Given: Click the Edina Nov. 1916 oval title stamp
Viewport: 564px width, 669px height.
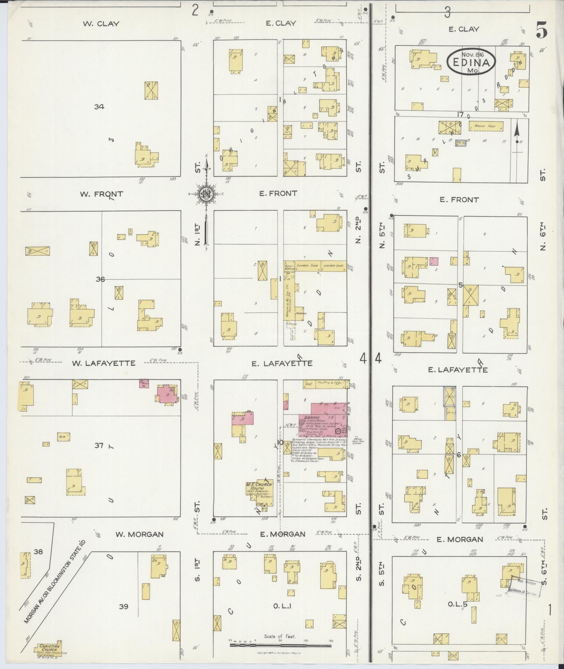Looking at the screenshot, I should point(471,61).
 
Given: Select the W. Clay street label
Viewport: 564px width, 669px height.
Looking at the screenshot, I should point(101,24).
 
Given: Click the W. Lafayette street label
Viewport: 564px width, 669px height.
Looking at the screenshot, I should point(103,363).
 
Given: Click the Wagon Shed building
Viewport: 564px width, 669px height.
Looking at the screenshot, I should point(485,126).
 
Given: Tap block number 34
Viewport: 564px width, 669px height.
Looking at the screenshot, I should point(99,107).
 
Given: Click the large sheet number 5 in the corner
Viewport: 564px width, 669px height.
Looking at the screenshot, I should point(541,31).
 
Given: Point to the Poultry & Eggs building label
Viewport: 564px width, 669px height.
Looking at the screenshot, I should point(331,383).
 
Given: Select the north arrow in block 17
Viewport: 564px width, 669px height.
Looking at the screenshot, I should point(517,136).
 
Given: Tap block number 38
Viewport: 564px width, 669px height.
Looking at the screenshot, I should point(38,552).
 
